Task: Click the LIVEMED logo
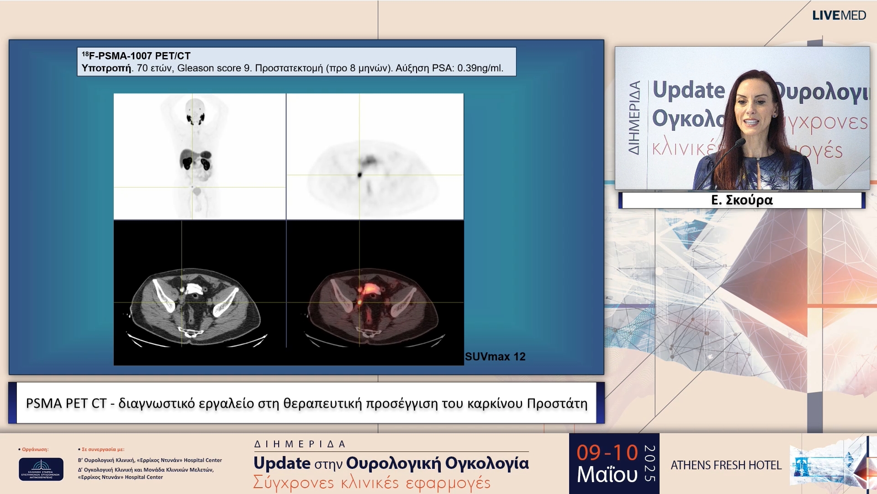coord(839,16)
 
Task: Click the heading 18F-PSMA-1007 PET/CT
coord(136,56)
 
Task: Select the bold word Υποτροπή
coord(106,68)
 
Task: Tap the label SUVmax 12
coord(495,357)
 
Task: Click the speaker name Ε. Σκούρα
coord(742,200)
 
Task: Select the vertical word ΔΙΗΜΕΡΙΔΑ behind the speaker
coord(634,118)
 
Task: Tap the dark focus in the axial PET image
coord(360,174)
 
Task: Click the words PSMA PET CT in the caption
coord(66,403)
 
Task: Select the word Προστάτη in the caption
coord(557,403)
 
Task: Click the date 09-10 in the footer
coord(607,453)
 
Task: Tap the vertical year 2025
coord(649,463)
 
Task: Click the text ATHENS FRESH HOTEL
coord(726,465)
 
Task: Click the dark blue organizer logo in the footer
coord(41,469)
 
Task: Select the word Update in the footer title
coord(282,463)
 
